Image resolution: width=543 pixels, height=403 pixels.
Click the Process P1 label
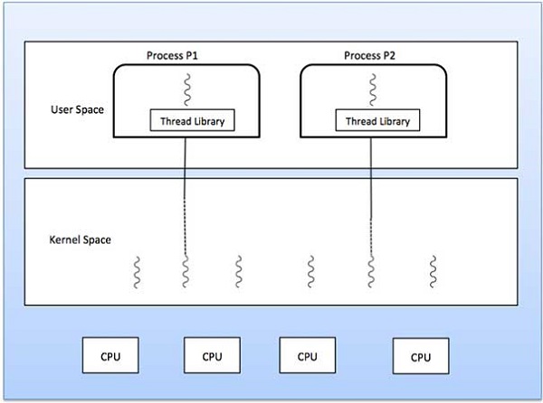coord(172,56)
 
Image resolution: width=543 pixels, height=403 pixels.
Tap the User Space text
coord(77,109)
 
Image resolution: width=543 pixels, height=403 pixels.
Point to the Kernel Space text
coord(80,241)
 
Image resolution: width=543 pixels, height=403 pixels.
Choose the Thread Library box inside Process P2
coord(372,120)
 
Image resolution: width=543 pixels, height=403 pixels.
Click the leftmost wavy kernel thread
coord(135,270)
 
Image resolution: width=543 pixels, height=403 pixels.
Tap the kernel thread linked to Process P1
coord(186,270)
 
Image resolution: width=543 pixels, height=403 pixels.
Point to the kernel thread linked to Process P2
coord(371,270)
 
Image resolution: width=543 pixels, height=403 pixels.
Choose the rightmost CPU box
coord(421,356)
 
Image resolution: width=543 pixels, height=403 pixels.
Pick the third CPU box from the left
coord(309,356)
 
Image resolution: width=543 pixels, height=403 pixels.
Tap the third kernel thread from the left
coord(238,270)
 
